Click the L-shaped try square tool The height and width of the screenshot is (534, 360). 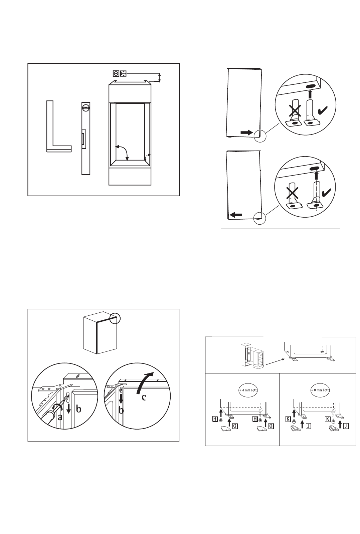coord(50,143)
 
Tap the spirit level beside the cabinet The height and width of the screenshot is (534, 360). coord(86,139)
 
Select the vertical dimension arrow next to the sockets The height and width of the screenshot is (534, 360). coord(160,77)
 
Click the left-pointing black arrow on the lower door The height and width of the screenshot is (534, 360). coord(235,215)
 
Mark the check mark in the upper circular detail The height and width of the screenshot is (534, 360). coord(323,110)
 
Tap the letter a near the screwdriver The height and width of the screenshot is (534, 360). coord(60,417)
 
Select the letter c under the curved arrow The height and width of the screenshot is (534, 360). coord(144,397)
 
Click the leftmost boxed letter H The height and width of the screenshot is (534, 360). coord(215,419)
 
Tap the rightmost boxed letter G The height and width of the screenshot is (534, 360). coord(271,426)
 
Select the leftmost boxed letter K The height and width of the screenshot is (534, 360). coord(288,419)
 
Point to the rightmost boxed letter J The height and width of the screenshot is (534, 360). coord(346,426)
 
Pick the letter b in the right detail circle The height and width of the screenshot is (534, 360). coord(122,410)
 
